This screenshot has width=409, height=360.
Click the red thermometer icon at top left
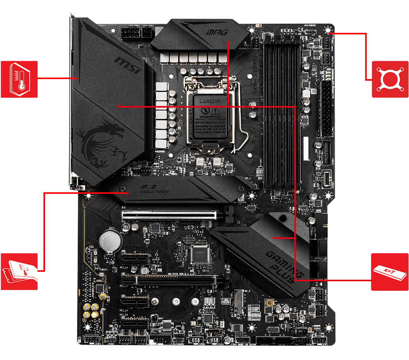(x=19, y=79)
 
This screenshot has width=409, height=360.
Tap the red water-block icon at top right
(x=390, y=79)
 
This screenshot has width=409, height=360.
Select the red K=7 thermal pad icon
(x=390, y=272)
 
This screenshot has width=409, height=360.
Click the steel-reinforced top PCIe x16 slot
(x=170, y=215)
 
